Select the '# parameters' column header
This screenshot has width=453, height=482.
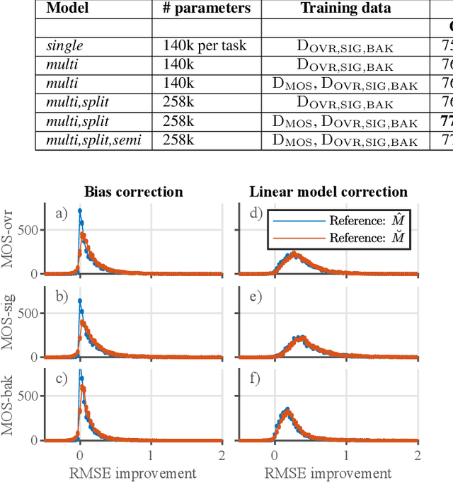coord(205,8)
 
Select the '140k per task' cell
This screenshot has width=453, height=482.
coord(205,46)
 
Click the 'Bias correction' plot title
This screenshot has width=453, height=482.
coord(134,192)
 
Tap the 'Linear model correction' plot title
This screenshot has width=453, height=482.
coord(328,192)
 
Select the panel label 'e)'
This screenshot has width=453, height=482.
coord(254,296)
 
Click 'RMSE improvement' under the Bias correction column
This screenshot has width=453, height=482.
coord(133,472)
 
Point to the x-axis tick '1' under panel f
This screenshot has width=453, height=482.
coord(345,454)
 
